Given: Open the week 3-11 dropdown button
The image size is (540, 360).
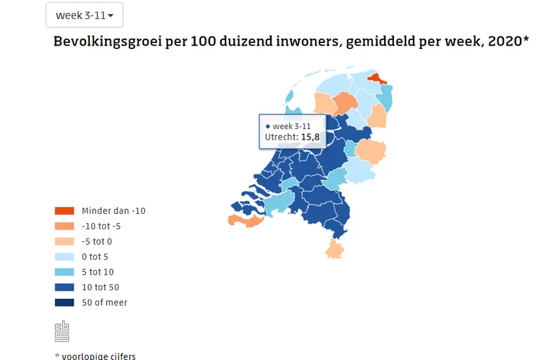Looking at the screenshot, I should [84, 15].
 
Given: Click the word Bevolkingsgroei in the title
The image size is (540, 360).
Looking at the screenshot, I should [100, 41].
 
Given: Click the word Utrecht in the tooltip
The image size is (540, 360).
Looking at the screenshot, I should [281, 137].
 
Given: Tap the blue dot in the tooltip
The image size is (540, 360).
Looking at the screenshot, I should [267, 126].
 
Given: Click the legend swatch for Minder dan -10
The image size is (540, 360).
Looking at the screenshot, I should [65, 211].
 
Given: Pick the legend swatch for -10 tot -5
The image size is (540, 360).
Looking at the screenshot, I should [65, 226].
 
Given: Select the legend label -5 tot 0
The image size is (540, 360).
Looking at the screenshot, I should [97, 241].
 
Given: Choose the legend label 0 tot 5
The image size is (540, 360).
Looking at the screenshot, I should [95, 257].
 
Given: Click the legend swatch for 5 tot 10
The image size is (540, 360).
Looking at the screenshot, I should [65, 272].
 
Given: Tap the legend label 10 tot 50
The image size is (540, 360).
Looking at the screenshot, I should [100, 287].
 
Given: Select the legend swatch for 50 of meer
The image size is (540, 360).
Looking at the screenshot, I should [65, 303].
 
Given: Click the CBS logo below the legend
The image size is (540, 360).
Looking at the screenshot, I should [62, 331].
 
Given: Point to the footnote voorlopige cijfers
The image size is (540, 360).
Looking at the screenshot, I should [98, 356].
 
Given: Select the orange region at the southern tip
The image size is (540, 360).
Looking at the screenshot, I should [335, 249].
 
